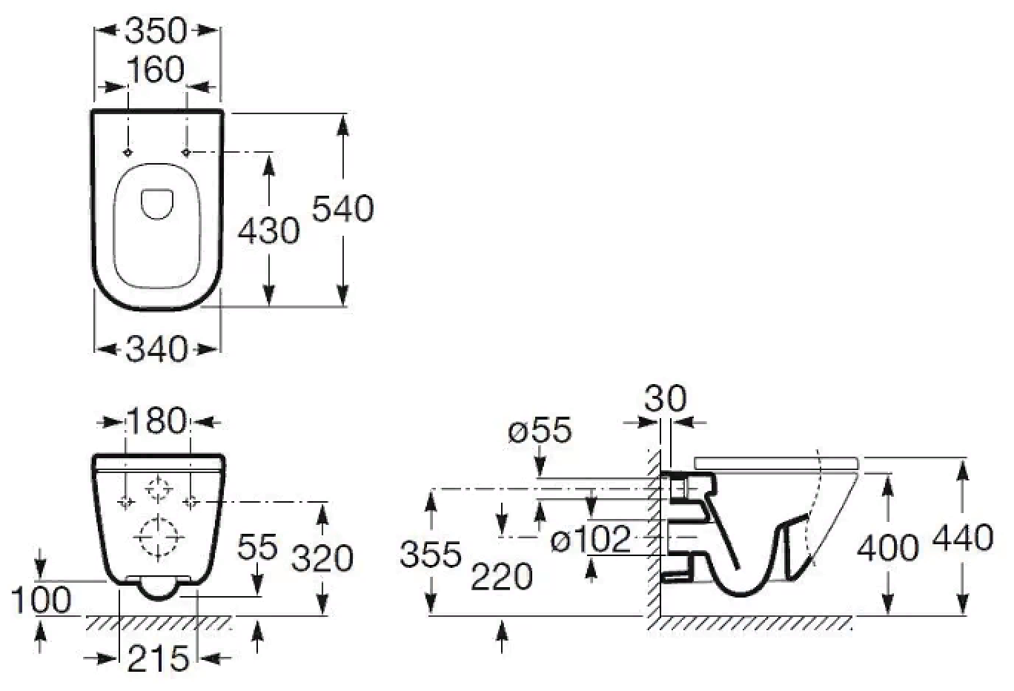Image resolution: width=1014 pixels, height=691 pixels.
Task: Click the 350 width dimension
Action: point(156,30)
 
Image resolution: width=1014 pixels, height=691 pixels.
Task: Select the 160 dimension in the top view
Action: point(156,70)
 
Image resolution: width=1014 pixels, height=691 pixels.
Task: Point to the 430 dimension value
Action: point(268,231)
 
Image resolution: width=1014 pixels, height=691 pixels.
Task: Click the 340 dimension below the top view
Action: point(157,348)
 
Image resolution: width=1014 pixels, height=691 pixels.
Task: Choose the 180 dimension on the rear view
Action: point(157,421)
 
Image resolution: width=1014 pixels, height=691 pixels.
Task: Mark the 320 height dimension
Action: point(322,558)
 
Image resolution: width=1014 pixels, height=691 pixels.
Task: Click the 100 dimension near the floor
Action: point(42,600)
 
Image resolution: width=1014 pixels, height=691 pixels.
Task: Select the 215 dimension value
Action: point(158,658)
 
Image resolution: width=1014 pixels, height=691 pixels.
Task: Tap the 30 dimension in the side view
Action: point(665,399)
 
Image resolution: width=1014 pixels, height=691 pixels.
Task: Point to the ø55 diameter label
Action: point(540,430)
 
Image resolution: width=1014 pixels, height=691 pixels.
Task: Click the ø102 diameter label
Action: point(591,539)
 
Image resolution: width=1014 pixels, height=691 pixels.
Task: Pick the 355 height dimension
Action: point(430,554)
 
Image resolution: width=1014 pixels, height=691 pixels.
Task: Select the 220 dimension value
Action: point(502,576)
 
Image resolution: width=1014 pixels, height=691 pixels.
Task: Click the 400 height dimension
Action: point(887,547)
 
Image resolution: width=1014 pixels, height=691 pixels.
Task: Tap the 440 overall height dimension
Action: point(962,538)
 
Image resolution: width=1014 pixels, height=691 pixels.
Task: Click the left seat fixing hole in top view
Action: point(127,152)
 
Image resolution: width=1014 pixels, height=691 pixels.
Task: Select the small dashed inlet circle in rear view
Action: point(158,490)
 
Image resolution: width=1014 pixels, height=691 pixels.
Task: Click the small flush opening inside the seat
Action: point(156,204)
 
